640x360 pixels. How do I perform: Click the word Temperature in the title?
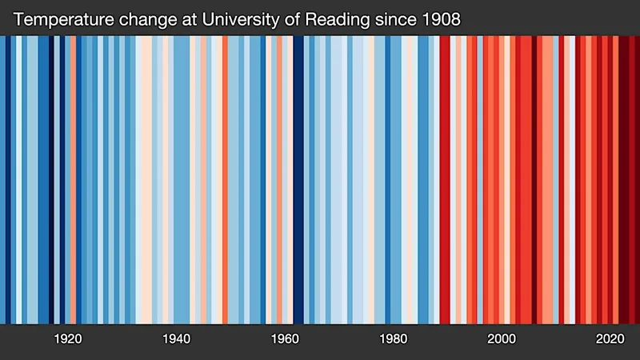click(63, 19)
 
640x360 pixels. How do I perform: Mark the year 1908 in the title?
click(442, 19)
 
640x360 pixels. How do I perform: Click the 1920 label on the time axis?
click(68, 338)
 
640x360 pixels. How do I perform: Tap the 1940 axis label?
click(176, 338)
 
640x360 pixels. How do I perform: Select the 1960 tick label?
click(285, 338)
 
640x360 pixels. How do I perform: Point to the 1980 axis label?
click(393, 338)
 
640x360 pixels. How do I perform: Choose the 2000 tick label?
click(502, 338)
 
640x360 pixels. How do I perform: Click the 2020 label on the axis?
click(610, 338)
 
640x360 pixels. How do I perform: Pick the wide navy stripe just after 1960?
click(298, 179)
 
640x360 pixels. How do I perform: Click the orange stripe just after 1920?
click(73, 179)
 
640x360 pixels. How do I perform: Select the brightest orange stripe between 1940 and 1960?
click(225, 179)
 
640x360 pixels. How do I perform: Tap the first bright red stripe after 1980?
click(445, 179)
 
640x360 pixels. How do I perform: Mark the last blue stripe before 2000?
click(480, 179)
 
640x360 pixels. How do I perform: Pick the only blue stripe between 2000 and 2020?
click(556, 179)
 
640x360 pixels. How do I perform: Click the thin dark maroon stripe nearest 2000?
click(534, 179)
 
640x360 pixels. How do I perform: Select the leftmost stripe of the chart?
click(2, 179)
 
